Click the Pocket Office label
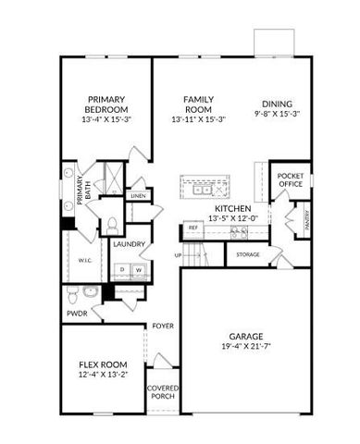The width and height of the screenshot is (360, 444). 291,179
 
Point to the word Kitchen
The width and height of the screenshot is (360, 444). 231,209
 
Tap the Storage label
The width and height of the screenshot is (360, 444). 247,254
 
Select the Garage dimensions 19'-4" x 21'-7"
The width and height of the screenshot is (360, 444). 245,348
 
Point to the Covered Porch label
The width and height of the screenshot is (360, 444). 163,392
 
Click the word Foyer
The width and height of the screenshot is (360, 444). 163,326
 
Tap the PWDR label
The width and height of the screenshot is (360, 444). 76,314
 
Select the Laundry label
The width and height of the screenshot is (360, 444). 126,243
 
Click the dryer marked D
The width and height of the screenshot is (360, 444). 120,270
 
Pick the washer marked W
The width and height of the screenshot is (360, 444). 138,270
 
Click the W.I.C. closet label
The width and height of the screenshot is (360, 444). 83,261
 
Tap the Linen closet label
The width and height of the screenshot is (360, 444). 139,196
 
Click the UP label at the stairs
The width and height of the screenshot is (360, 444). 178,254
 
